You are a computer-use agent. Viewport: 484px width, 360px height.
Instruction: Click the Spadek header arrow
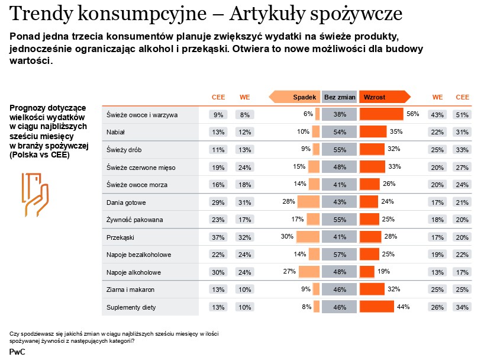(x=295, y=97)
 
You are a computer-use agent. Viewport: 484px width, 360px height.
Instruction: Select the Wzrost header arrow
(x=383, y=97)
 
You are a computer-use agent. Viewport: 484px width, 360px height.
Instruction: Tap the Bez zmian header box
(x=340, y=97)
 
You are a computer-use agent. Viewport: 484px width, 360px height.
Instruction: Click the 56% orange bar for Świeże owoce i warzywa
(x=381, y=114)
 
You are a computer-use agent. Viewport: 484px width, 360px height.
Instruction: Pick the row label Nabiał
(x=115, y=132)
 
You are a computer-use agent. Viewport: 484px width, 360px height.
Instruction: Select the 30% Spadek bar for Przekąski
(x=308, y=237)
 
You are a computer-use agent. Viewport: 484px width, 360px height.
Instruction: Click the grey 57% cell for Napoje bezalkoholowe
(x=340, y=255)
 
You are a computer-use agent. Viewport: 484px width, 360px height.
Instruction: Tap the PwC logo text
(x=17, y=351)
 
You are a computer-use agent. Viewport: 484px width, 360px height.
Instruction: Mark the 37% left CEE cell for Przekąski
(x=218, y=237)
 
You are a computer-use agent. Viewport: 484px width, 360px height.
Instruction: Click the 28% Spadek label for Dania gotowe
(x=289, y=202)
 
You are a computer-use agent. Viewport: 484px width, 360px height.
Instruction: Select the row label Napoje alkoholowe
(x=134, y=272)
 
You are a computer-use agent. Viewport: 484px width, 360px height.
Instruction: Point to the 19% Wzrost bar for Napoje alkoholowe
(x=367, y=272)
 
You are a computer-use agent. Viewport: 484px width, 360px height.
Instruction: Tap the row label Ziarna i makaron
(x=130, y=290)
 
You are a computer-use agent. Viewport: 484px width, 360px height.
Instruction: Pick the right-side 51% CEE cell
(x=462, y=115)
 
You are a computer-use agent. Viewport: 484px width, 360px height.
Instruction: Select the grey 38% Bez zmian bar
(x=340, y=114)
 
